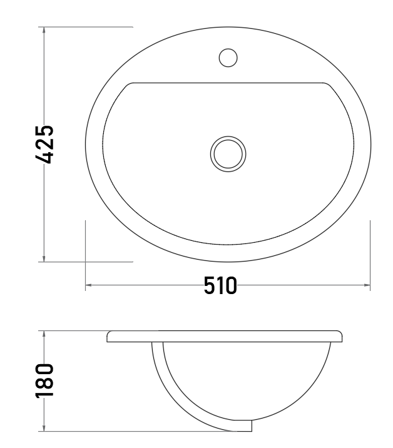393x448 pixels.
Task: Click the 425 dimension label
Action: (x=44, y=145)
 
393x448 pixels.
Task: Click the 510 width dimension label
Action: (x=220, y=285)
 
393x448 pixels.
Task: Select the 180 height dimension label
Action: (x=44, y=380)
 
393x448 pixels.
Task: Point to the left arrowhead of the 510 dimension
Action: (x=88, y=285)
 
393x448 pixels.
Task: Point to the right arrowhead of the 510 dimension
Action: (x=367, y=285)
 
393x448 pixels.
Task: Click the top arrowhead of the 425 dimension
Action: (x=44, y=30)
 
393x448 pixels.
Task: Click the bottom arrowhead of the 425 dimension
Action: (x=44, y=258)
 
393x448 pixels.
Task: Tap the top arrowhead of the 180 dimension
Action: (x=44, y=334)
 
